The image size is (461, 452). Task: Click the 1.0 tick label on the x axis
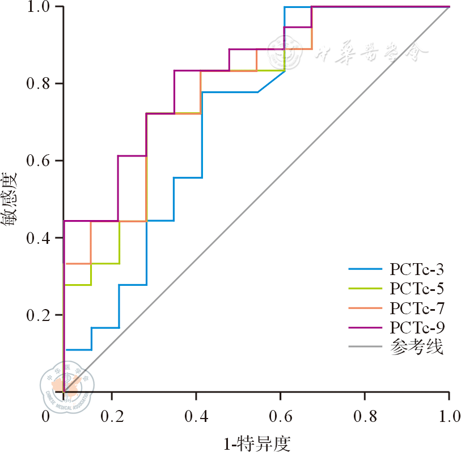pos(449,417)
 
